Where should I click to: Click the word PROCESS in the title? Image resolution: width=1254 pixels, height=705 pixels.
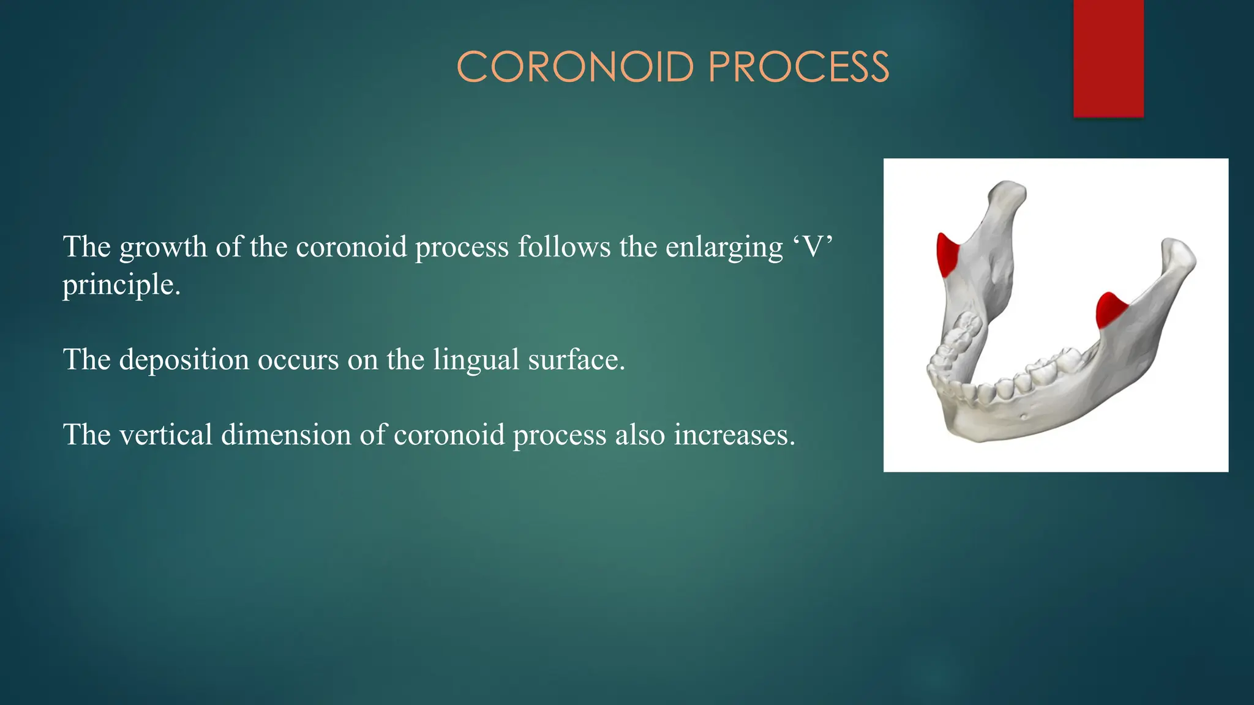coord(798,67)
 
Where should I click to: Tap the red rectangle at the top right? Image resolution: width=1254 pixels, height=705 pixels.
coord(1108,58)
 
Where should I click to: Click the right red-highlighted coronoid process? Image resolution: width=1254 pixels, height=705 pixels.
coord(1109,311)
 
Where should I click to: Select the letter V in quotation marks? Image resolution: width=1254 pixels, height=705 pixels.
coord(813,247)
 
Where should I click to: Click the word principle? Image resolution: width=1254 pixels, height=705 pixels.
coord(121,285)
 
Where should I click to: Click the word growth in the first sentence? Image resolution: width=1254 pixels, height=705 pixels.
coord(163,247)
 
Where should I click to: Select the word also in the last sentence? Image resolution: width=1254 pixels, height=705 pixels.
coord(640,435)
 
